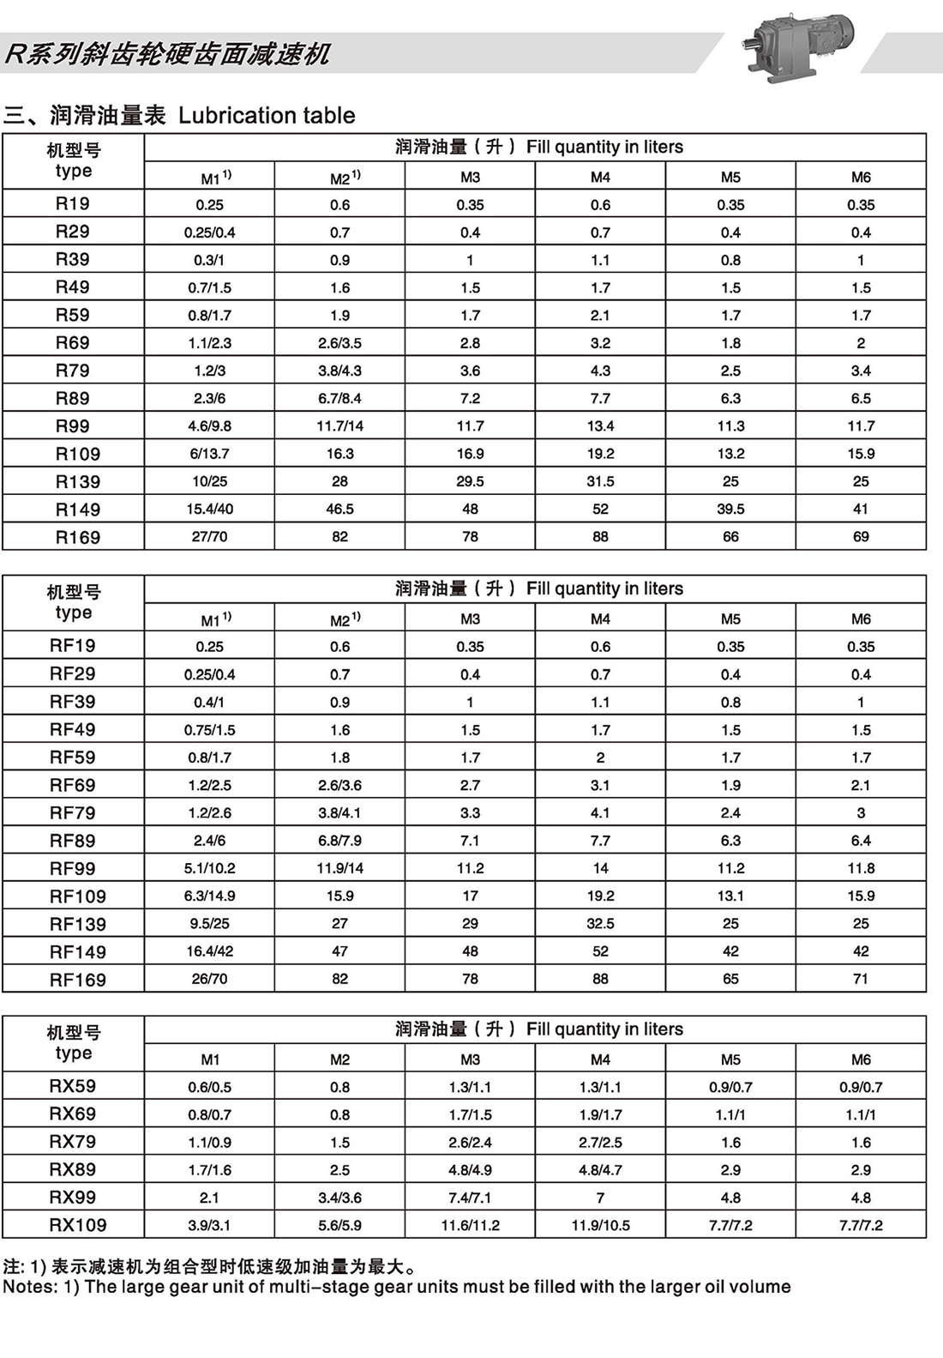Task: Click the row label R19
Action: tap(73, 204)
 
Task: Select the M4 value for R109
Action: tap(600, 454)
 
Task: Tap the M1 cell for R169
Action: tap(209, 537)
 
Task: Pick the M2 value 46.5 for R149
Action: tap(339, 509)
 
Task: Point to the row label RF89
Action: tap(73, 841)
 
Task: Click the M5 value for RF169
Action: tap(730, 979)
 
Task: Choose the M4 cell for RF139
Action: tap(600, 924)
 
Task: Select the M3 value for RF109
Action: tap(470, 896)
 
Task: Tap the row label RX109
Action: tap(78, 1225)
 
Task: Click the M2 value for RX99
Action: tap(339, 1198)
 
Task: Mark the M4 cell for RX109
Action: tap(600, 1225)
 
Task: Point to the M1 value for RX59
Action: tap(209, 1087)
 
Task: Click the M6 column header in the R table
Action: tap(861, 178)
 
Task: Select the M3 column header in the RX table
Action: tap(470, 1059)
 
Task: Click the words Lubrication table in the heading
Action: tap(267, 116)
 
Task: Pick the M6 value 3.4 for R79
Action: tap(861, 371)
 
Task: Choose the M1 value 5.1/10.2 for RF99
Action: tap(209, 868)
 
